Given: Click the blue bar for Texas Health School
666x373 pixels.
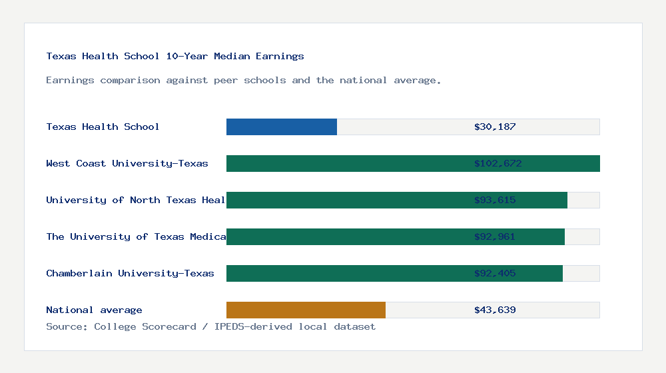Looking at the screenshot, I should [282, 127].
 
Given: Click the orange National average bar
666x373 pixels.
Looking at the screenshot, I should [306, 310].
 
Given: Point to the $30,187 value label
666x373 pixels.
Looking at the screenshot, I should [495, 127].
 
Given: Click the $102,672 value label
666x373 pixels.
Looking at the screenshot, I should [498, 163].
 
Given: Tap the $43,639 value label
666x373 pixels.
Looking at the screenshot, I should [495, 310].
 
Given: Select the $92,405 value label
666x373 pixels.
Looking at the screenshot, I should [495, 273].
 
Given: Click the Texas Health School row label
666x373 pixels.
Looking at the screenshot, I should [103, 127].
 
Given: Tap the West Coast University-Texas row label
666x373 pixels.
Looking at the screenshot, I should [127, 163].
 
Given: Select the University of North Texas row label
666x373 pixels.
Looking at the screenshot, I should [136, 200].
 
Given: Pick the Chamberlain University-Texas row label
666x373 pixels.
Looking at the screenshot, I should [130, 273].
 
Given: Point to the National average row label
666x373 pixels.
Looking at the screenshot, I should [94, 310].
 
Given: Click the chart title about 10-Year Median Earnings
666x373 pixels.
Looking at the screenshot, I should [175, 56].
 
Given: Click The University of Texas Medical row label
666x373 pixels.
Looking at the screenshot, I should [136, 236].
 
